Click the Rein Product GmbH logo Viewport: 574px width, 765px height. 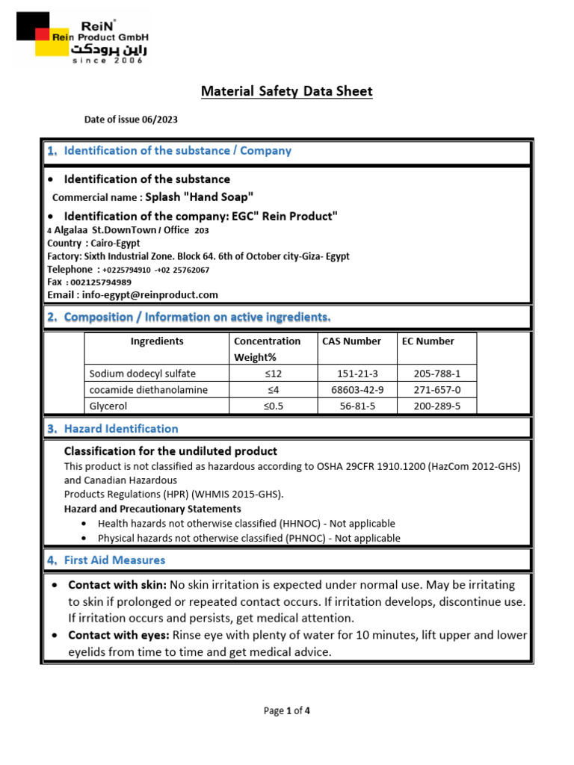(82, 38)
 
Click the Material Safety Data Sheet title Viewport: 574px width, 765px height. (286, 92)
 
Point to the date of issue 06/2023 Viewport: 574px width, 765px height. (131, 120)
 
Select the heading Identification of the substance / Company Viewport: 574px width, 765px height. (177, 151)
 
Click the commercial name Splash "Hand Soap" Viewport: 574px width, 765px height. (199, 197)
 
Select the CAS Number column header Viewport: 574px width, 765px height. (351, 341)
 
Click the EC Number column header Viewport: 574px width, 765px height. (428, 341)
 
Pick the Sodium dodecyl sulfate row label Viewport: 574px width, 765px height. (142, 374)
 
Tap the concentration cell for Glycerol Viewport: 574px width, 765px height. (274, 406)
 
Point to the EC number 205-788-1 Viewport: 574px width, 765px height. (437, 374)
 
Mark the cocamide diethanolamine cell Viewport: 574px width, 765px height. (149, 390)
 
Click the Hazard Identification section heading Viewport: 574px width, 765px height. (121, 429)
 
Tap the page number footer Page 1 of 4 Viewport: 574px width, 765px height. (286, 711)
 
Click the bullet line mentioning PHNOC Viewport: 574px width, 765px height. (249, 538)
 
